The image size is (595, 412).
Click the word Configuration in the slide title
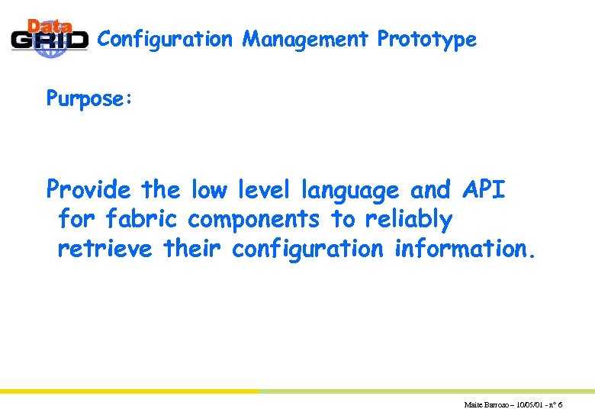(x=165, y=40)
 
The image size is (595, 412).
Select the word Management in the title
(x=305, y=39)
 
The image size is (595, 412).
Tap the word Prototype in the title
(x=426, y=40)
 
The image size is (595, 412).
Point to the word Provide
(x=88, y=189)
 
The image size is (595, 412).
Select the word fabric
(x=141, y=220)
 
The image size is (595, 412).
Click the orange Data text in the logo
(x=50, y=24)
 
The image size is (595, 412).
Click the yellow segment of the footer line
(x=130, y=391)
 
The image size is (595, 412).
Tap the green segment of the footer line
(x=427, y=391)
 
